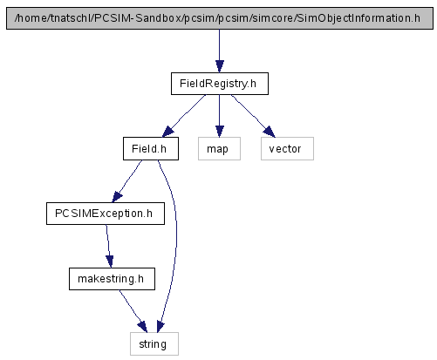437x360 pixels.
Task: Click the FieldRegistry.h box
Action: pyautogui.click(x=220, y=84)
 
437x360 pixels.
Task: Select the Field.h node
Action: pyautogui.click(x=151, y=148)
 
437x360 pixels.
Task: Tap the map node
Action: pyautogui.click(x=219, y=148)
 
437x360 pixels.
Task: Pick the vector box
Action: pyautogui.click(x=287, y=148)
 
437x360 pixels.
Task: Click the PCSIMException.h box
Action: pyautogui.click(x=106, y=214)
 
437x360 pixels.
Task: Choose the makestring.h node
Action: pyautogui.click(x=112, y=279)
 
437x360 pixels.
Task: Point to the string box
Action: pyautogui.click(x=154, y=343)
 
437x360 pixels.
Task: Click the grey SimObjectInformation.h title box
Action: pyautogui.click(x=220, y=18)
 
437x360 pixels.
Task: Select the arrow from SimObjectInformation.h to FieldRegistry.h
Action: pyautogui.click(x=220, y=51)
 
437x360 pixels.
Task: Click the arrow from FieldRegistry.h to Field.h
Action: pyautogui.click(x=183, y=116)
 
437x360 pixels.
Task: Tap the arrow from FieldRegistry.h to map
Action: pyautogui.click(x=220, y=116)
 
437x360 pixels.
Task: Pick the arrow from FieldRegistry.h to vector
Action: pyautogui.click(x=254, y=116)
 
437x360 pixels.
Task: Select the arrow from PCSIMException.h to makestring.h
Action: pyautogui.click(x=108, y=247)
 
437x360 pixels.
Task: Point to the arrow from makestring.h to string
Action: pyautogui.click(x=133, y=311)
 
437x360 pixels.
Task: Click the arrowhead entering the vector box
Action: pyautogui.click(x=270, y=132)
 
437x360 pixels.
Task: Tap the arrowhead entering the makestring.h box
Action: pyautogui.click(x=110, y=262)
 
